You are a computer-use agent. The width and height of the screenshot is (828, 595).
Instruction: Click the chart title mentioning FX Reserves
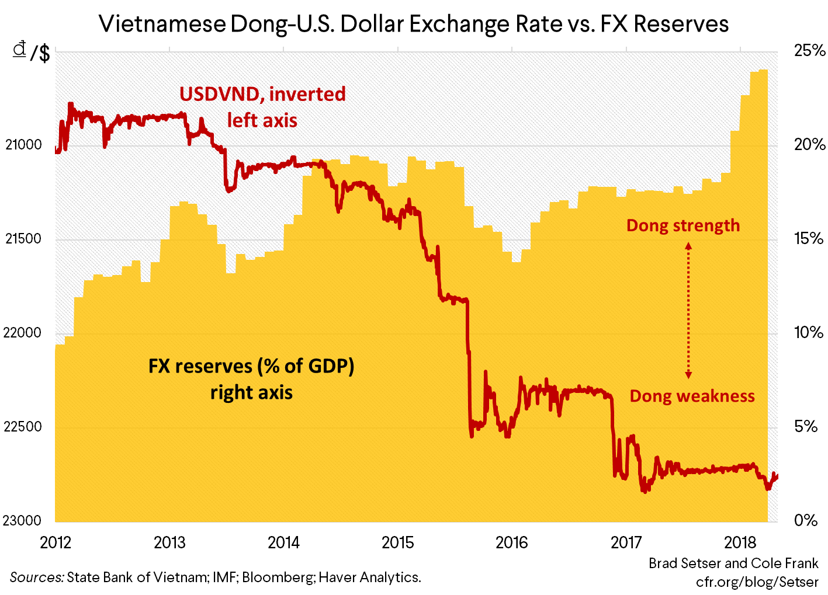pyautogui.click(x=414, y=25)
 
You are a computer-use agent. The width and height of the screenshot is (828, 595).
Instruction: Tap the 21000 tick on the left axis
pyautogui.click(x=24, y=145)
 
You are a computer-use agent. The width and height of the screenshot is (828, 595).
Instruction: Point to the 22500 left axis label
pyautogui.click(x=24, y=427)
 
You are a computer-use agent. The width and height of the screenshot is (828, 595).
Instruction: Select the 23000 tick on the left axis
pyautogui.click(x=24, y=520)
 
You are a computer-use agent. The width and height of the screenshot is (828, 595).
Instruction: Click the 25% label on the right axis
pyautogui.click(x=809, y=51)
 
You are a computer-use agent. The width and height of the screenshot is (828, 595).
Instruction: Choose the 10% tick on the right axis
pyautogui.click(x=809, y=333)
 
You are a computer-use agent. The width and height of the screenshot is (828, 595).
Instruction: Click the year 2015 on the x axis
pyautogui.click(x=398, y=542)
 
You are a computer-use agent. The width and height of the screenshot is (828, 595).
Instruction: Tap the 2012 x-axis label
pyautogui.click(x=56, y=542)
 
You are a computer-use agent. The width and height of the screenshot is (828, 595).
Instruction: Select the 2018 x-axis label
pyautogui.click(x=740, y=542)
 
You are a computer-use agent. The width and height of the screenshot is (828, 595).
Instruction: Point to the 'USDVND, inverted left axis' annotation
pyautogui.click(x=262, y=107)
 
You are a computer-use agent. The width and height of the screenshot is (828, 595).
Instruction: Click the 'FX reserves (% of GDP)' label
pyautogui.click(x=251, y=367)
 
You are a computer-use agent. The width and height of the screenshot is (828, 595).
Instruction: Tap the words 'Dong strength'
pyautogui.click(x=683, y=225)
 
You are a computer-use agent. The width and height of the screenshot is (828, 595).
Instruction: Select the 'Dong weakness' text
pyautogui.click(x=692, y=396)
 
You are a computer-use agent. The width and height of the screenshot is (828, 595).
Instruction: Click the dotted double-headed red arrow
pyautogui.click(x=688, y=311)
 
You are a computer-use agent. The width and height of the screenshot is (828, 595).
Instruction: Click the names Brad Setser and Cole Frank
pyautogui.click(x=733, y=563)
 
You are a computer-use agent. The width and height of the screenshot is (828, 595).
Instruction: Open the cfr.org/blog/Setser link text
pyautogui.click(x=757, y=582)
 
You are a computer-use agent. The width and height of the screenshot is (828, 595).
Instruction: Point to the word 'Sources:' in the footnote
pyautogui.click(x=36, y=577)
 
